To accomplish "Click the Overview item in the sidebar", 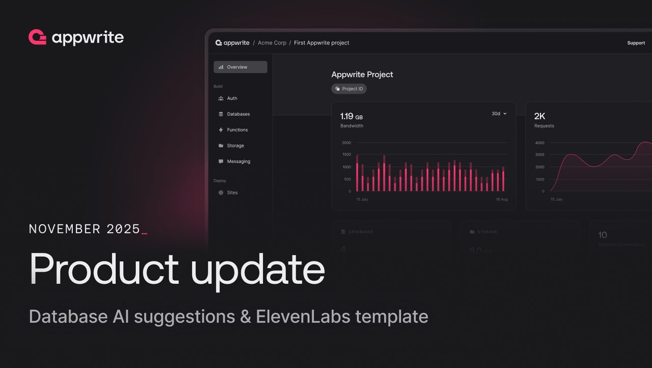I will click(240, 67).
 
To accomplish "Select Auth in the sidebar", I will click(232, 99).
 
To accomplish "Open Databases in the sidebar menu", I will click(238, 114).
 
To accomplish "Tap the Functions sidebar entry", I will click(237, 130).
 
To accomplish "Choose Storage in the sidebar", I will click(235, 146).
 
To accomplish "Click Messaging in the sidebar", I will click(238, 162).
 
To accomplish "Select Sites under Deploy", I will click(232, 193).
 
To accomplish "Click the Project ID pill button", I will click(349, 89).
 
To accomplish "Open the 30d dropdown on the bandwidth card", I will click(499, 114).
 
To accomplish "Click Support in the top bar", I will click(636, 43).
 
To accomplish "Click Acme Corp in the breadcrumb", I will click(272, 43).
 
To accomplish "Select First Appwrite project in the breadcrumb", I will click(321, 43).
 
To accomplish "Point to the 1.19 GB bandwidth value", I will click(351, 116).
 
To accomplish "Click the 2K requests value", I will click(539, 116).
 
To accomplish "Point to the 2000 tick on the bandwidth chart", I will click(346, 143).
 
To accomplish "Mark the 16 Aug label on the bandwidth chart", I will click(502, 200).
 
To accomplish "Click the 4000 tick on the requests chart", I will click(539, 143).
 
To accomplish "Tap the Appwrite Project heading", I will click(362, 75).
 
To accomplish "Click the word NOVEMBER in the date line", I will click(65, 229).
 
